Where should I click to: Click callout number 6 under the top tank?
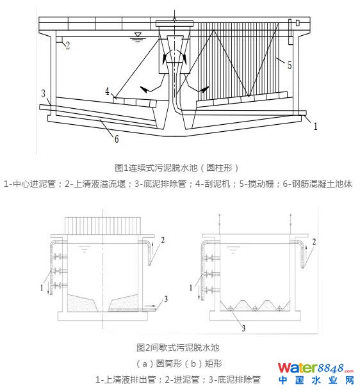coord(117,139)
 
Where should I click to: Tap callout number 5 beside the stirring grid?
coord(290,65)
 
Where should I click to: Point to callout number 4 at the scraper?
coord(107,91)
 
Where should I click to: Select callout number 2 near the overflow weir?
coord(67,45)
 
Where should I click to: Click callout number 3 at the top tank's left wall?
coord(43,93)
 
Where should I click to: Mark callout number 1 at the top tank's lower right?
coord(315,126)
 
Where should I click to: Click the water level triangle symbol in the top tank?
coord(138,35)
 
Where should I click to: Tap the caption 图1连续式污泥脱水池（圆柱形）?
coord(177,168)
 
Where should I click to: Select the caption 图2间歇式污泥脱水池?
coord(177,347)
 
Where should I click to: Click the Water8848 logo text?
coord(316,368)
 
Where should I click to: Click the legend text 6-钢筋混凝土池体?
coord(317,184)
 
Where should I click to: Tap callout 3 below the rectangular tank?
coord(243,328)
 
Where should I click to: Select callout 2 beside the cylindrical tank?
coord(163,240)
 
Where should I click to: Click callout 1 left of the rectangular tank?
coord(191,287)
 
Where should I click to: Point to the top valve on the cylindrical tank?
coord(58,257)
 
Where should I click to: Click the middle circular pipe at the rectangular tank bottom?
coord(255,309)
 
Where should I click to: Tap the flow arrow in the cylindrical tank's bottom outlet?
coord(150,305)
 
